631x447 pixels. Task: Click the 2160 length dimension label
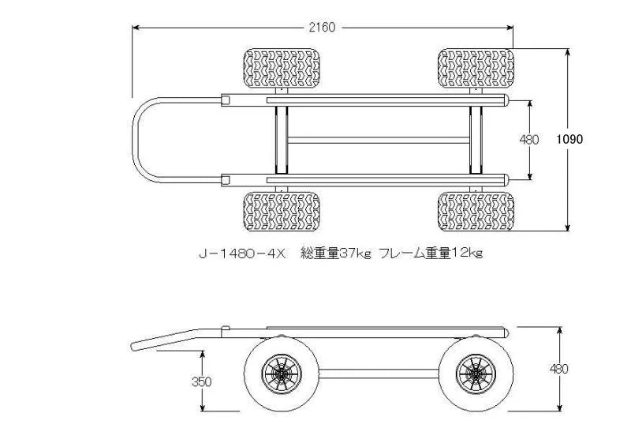click(322, 27)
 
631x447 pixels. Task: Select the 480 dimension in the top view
click(529, 140)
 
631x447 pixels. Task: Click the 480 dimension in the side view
click(559, 369)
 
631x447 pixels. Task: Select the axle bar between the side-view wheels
click(378, 371)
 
